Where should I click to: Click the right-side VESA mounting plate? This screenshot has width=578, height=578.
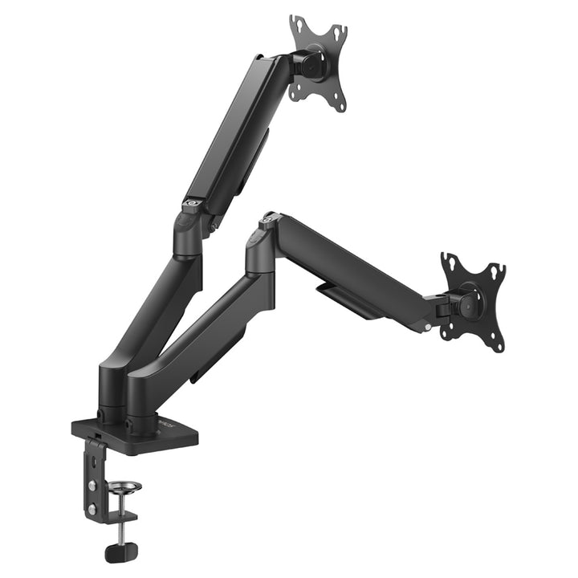tap(474, 302)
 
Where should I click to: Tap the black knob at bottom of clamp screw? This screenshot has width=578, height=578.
tap(121, 552)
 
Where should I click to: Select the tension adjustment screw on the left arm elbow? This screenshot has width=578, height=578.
tap(191, 204)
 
